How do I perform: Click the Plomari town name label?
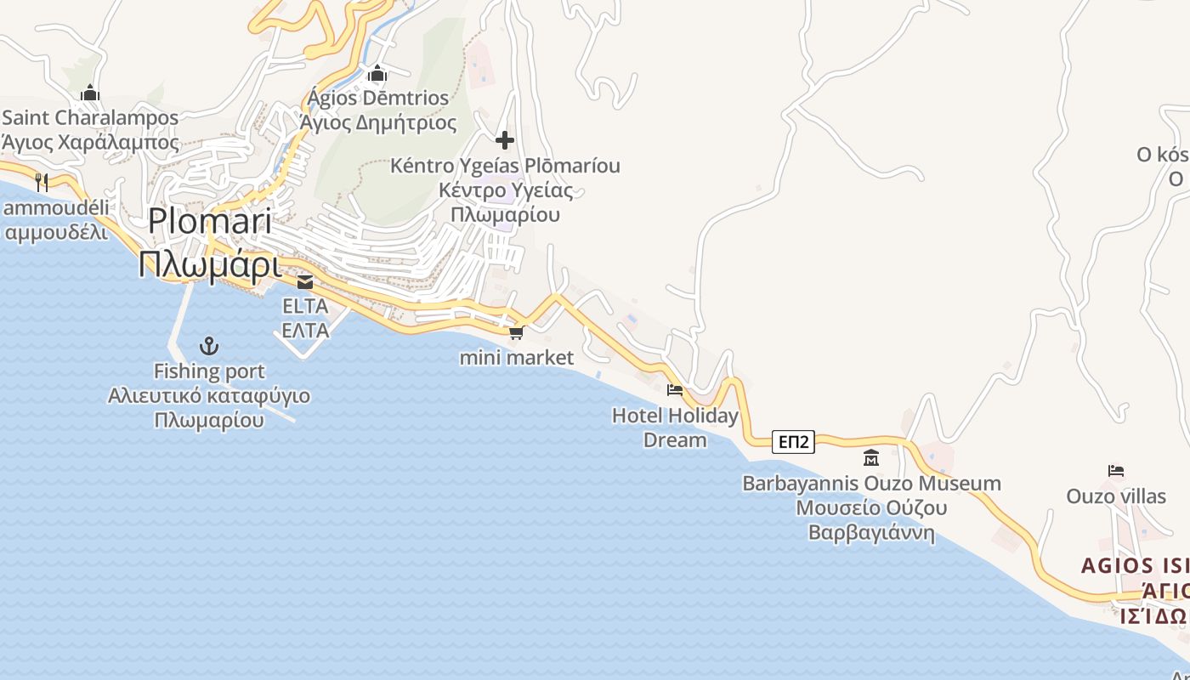pyautogui.click(x=210, y=221)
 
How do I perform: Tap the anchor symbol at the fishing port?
pyautogui.click(x=208, y=346)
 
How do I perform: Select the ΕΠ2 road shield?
pyautogui.click(x=794, y=441)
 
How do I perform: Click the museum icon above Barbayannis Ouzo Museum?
pyautogui.click(x=871, y=458)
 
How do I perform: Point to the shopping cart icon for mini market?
pyautogui.click(x=516, y=332)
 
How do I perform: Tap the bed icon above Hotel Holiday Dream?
pyautogui.click(x=675, y=390)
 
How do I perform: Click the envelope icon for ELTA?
pyautogui.click(x=305, y=282)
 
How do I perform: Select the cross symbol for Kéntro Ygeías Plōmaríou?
pyautogui.click(x=505, y=139)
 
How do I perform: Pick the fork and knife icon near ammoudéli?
pyautogui.click(x=42, y=181)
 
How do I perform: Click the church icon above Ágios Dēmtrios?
pyautogui.click(x=377, y=74)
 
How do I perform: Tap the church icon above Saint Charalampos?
pyautogui.click(x=90, y=93)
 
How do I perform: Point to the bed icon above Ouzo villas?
pyautogui.click(x=1116, y=470)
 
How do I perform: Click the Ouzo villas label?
pyautogui.click(x=1116, y=496)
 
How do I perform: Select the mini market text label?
pyautogui.click(x=517, y=358)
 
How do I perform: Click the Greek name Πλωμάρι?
pyautogui.click(x=210, y=265)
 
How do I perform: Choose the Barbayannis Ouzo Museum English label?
pyautogui.click(x=871, y=484)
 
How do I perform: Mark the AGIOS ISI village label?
pyautogui.click(x=1135, y=566)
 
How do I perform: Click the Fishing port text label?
pyautogui.click(x=209, y=371)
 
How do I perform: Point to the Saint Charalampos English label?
pyautogui.click(x=91, y=118)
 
